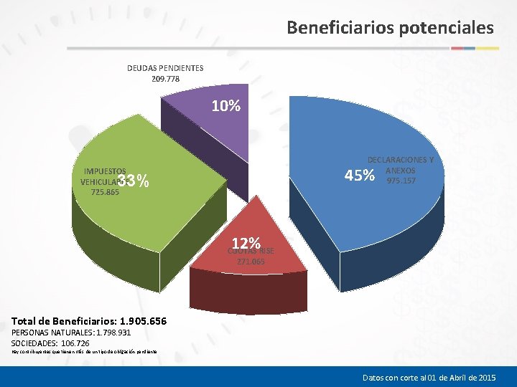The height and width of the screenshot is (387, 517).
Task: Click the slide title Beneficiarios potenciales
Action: [x=390, y=28]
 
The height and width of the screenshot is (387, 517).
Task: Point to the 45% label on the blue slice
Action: [x=359, y=176]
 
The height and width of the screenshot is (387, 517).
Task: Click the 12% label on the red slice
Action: [x=245, y=242]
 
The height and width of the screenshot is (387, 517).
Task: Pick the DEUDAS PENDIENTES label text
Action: [x=165, y=68]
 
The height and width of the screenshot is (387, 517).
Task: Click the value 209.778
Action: [x=166, y=79]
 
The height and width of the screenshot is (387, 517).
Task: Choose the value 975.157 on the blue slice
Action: [x=401, y=181]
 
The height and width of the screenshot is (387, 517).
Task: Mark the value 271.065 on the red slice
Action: [x=251, y=262]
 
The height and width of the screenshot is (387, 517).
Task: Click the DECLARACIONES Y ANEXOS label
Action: [x=400, y=165]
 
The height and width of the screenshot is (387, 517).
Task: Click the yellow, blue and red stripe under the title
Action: [x=475, y=48]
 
